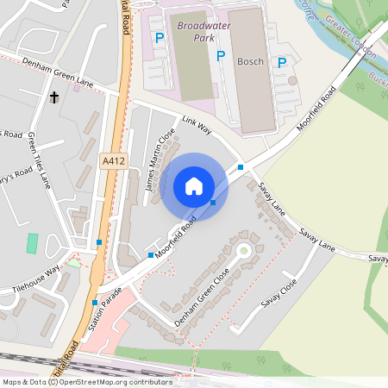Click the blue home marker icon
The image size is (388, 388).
pos(194,186)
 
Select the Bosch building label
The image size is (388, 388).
pos(250,61)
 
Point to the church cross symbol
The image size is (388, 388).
pos(54,97)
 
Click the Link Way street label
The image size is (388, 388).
pos(197,124)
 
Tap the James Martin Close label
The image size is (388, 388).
pos(160,160)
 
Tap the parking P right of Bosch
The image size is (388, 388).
pos(281,62)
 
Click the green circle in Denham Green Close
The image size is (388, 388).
pos(243,251)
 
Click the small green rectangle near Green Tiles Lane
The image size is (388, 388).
pos(33,242)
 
